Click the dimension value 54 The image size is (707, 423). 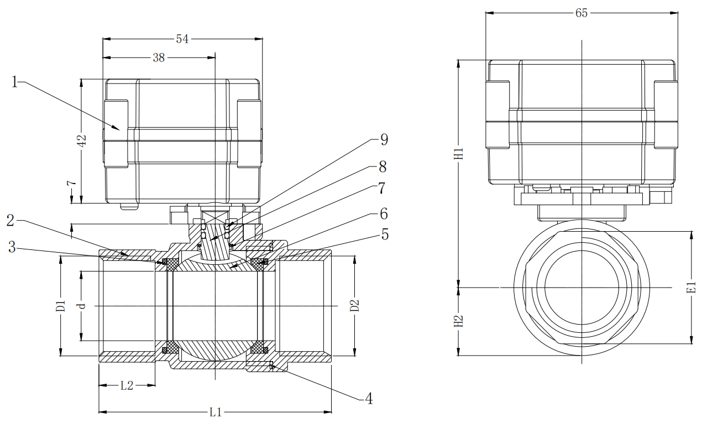tap(182, 39)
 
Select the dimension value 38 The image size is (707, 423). tap(159, 58)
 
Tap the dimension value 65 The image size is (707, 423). tap(582, 13)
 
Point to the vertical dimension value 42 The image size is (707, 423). tap(82, 141)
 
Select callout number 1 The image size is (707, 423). tap(16, 83)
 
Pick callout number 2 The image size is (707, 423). tap(11, 221)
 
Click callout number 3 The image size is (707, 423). tap(12, 247)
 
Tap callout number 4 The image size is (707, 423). tap(368, 398)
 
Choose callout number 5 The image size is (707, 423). tap(385, 234)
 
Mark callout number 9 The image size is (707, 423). tap(384, 139)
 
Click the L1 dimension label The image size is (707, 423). tap(216, 412)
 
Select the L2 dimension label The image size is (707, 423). tap(127, 386)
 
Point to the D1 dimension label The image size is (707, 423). tap(61, 306)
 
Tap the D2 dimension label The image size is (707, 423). tap(355, 305)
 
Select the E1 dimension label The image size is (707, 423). tap(691, 288)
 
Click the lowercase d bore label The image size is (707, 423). tap(82, 305)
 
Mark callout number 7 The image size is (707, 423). tap(381, 188)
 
